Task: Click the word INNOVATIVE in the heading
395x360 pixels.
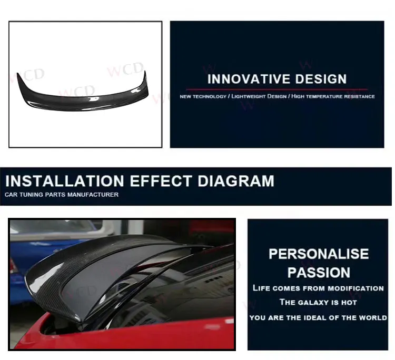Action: point(242,79)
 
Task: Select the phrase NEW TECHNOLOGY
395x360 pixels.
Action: point(202,97)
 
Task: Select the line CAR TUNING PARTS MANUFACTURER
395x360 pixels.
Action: point(62,195)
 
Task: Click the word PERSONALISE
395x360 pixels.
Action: point(319,254)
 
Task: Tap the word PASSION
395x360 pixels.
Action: point(319,273)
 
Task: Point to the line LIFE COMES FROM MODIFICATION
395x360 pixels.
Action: point(318,288)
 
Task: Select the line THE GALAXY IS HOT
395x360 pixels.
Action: point(318,303)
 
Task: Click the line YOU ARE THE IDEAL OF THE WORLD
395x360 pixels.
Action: point(318,318)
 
